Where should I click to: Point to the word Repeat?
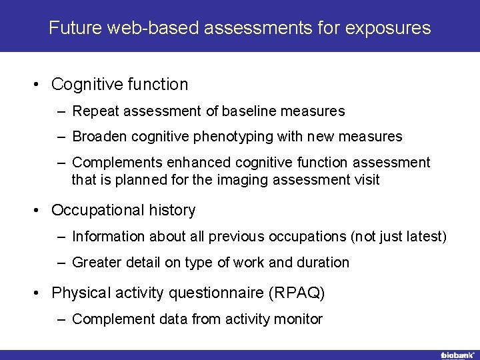point(93,111)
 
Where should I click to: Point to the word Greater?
point(97,263)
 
